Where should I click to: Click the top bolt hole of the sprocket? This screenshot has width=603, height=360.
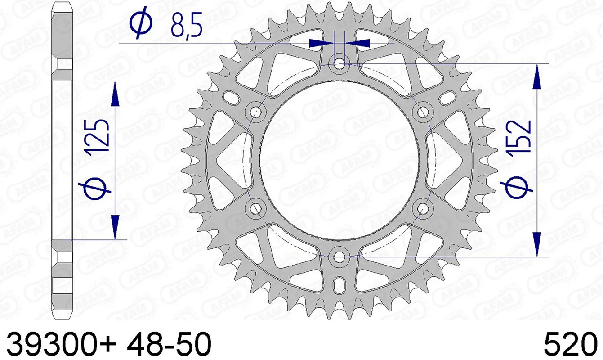pyautogui.click(x=339, y=64)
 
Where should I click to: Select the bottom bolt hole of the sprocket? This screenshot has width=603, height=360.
pyautogui.click(x=339, y=256)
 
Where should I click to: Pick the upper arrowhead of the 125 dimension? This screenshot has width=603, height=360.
pyautogui.click(x=116, y=95)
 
